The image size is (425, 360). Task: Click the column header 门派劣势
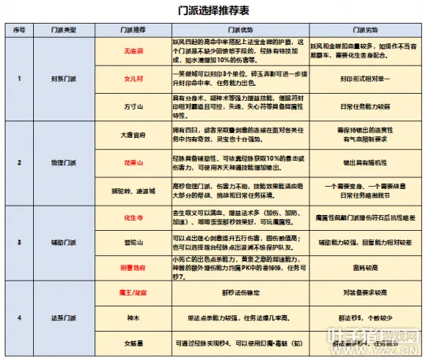tap(361, 31)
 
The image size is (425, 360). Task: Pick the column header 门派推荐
tap(132, 31)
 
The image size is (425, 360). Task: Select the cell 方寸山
tap(132, 105)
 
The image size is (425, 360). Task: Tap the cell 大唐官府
tap(132, 135)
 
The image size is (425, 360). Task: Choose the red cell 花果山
tap(132, 162)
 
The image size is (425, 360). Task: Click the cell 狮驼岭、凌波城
tap(132, 190)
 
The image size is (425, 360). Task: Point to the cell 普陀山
tap(132, 242)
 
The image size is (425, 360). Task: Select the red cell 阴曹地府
tap(132, 269)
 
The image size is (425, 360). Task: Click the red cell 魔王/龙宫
tap(132, 293)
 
